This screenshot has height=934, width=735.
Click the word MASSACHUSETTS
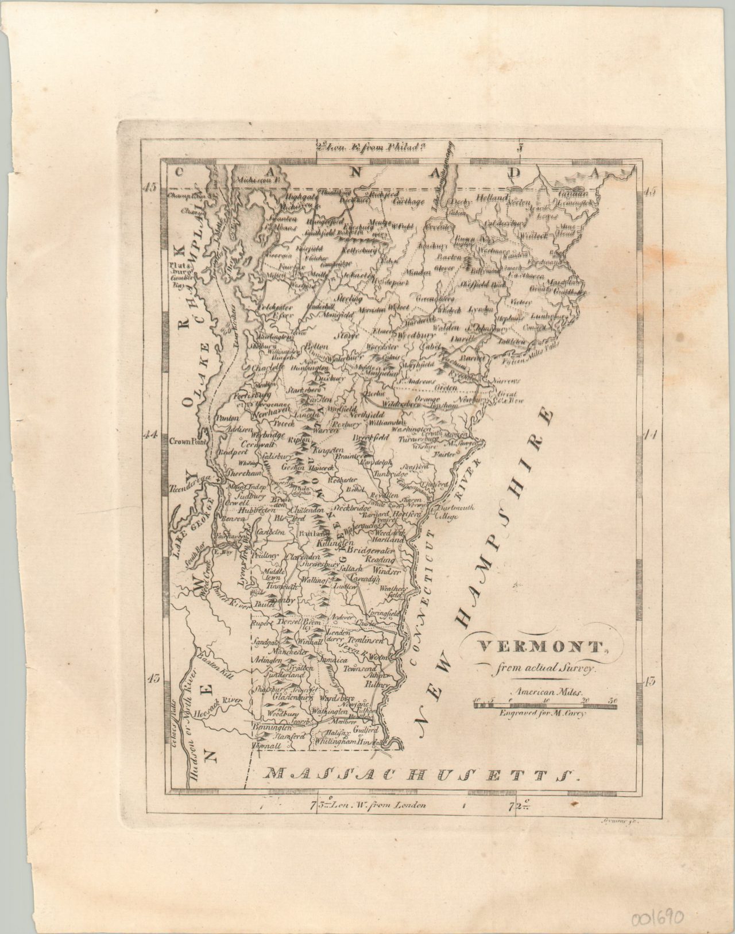pyautogui.click(x=422, y=776)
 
